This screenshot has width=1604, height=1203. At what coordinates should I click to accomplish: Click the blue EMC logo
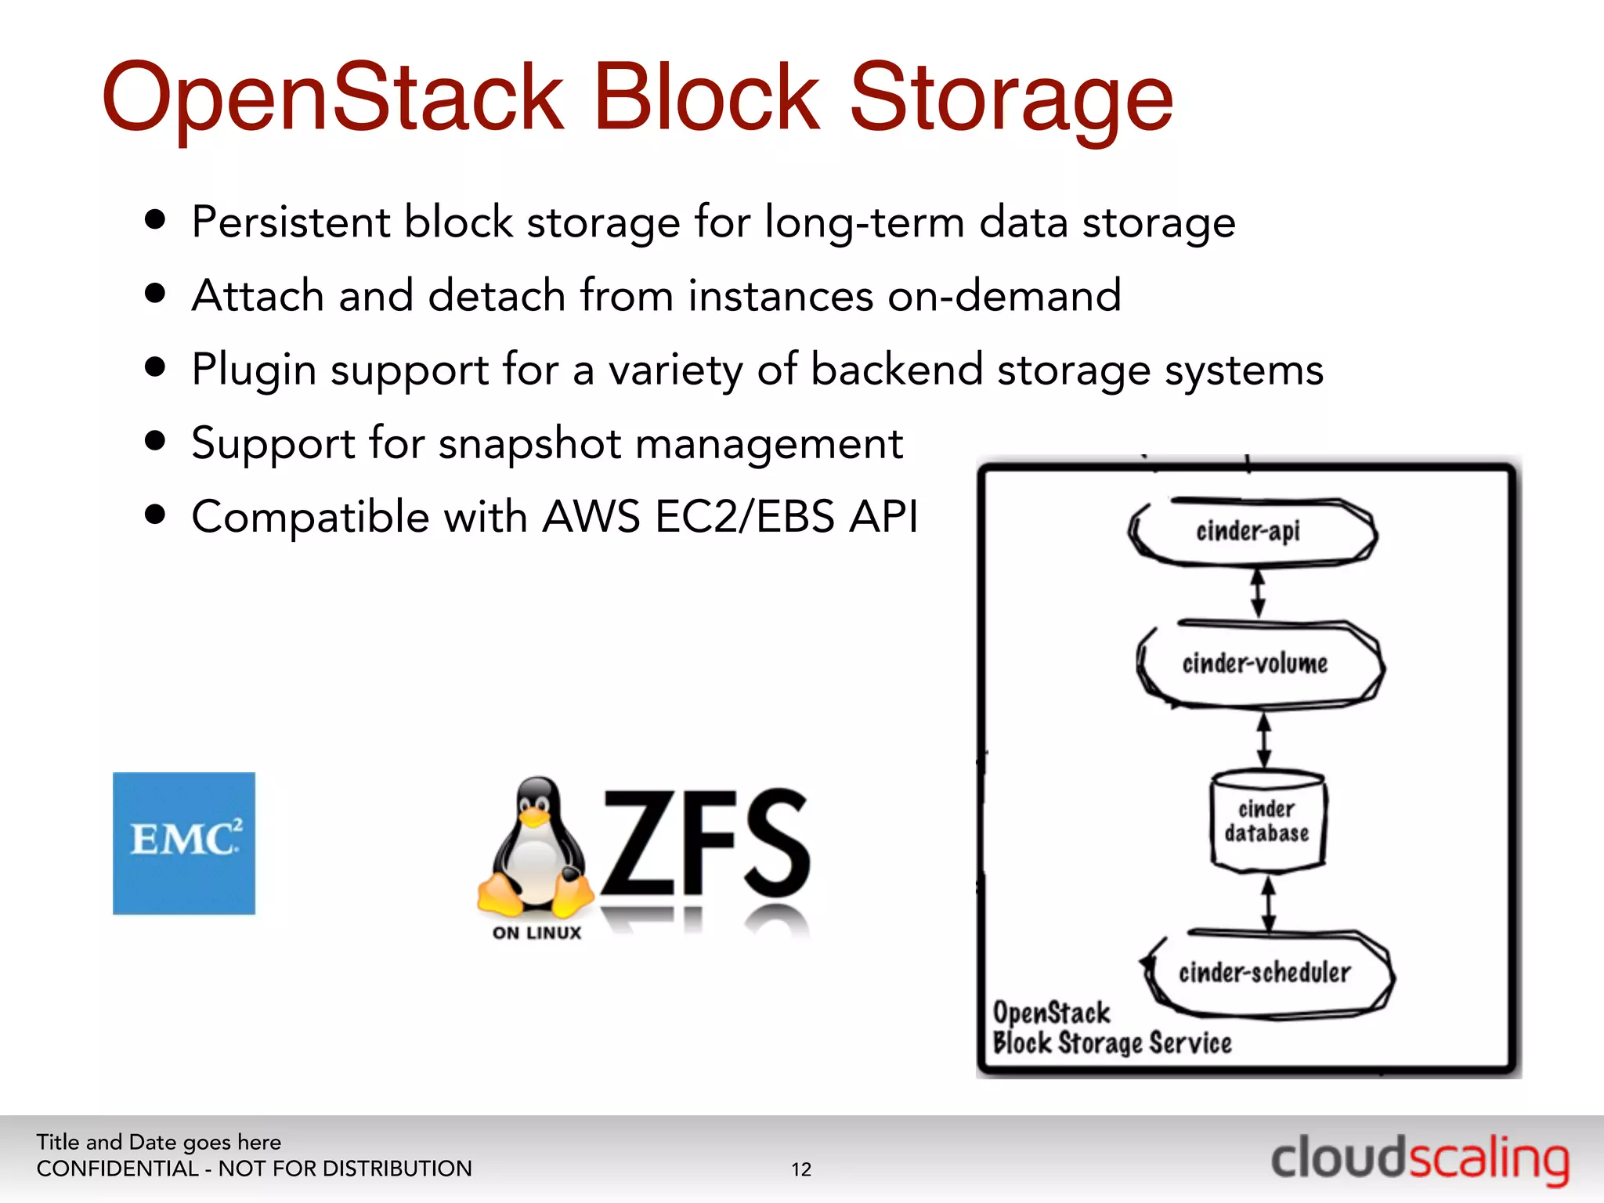[x=184, y=843]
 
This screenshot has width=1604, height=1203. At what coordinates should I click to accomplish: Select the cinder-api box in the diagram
[x=1251, y=532]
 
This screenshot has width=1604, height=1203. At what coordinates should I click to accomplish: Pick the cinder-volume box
[x=1257, y=664]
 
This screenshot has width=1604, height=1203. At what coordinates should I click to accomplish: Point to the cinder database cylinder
[x=1267, y=822]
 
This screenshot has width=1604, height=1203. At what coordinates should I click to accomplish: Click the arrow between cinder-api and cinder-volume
[x=1258, y=593]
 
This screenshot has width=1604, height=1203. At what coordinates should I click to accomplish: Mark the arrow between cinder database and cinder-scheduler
[x=1269, y=902]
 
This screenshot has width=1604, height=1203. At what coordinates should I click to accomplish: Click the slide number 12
[x=801, y=1169]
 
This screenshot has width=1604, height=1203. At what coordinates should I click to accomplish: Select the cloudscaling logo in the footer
[x=1419, y=1159]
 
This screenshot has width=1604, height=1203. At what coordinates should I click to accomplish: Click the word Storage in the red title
[x=1011, y=99]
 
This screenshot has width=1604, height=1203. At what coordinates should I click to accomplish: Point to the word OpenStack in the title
[x=333, y=99]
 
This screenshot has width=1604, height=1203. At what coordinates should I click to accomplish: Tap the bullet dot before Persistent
[x=156, y=220]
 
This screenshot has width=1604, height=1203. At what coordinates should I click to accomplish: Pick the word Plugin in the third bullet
[x=254, y=370]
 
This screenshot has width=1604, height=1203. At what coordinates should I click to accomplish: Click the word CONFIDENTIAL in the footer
[x=117, y=1169]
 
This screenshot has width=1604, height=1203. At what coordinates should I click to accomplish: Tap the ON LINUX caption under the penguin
[x=537, y=933]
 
